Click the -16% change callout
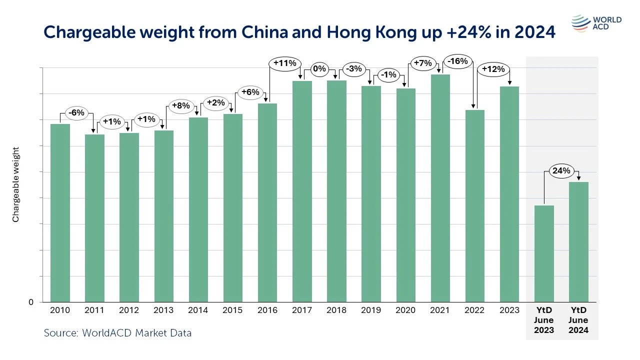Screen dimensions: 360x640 pos(457,61)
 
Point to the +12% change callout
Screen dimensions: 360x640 pos(493,69)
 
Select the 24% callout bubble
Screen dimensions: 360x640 pos(561,171)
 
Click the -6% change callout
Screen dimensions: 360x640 pos(77,113)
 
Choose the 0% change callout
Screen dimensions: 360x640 pos(319,68)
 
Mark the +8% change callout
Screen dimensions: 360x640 pos(181,105)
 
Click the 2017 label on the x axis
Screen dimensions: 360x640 pos(302,310)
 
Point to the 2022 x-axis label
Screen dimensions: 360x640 pos(474,310)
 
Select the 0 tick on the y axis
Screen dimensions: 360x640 pos(31,302)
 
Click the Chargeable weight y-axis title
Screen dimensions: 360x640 pos(15,184)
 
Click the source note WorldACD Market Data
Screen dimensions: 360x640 pos(117,332)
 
